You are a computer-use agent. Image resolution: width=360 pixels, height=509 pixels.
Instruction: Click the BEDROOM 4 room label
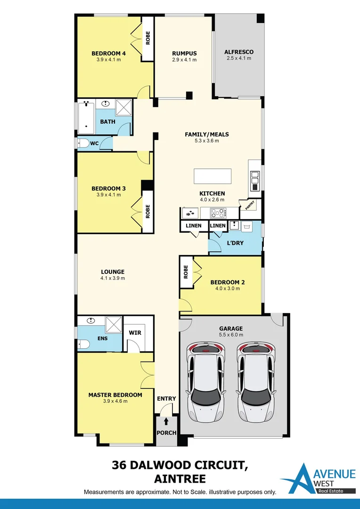tap(108, 53)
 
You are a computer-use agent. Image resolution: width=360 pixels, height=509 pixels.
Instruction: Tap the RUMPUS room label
tap(184, 53)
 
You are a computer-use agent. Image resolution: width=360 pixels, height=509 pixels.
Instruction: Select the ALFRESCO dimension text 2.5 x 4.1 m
tap(238, 58)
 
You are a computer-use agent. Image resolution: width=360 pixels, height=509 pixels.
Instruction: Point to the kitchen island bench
tap(213, 176)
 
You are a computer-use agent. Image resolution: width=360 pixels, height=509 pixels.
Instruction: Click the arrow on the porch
tap(166, 421)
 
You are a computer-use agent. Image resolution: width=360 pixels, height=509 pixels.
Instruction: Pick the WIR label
tap(135, 333)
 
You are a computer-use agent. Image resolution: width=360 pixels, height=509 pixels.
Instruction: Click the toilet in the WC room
tap(83, 143)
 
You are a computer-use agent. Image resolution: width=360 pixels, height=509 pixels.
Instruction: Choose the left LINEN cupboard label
tap(193, 226)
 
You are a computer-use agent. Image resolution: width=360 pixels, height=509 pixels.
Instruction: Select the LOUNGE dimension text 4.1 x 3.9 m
tap(113, 278)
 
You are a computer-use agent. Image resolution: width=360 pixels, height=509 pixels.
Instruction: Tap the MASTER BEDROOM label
tap(115, 395)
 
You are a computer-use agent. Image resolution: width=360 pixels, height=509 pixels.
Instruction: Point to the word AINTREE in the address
tap(180, 479)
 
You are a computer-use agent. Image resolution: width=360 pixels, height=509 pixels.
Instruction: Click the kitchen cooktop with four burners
tap(218, 213)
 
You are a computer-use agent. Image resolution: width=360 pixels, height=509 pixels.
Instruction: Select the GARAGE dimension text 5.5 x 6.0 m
tap(231, 335)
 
